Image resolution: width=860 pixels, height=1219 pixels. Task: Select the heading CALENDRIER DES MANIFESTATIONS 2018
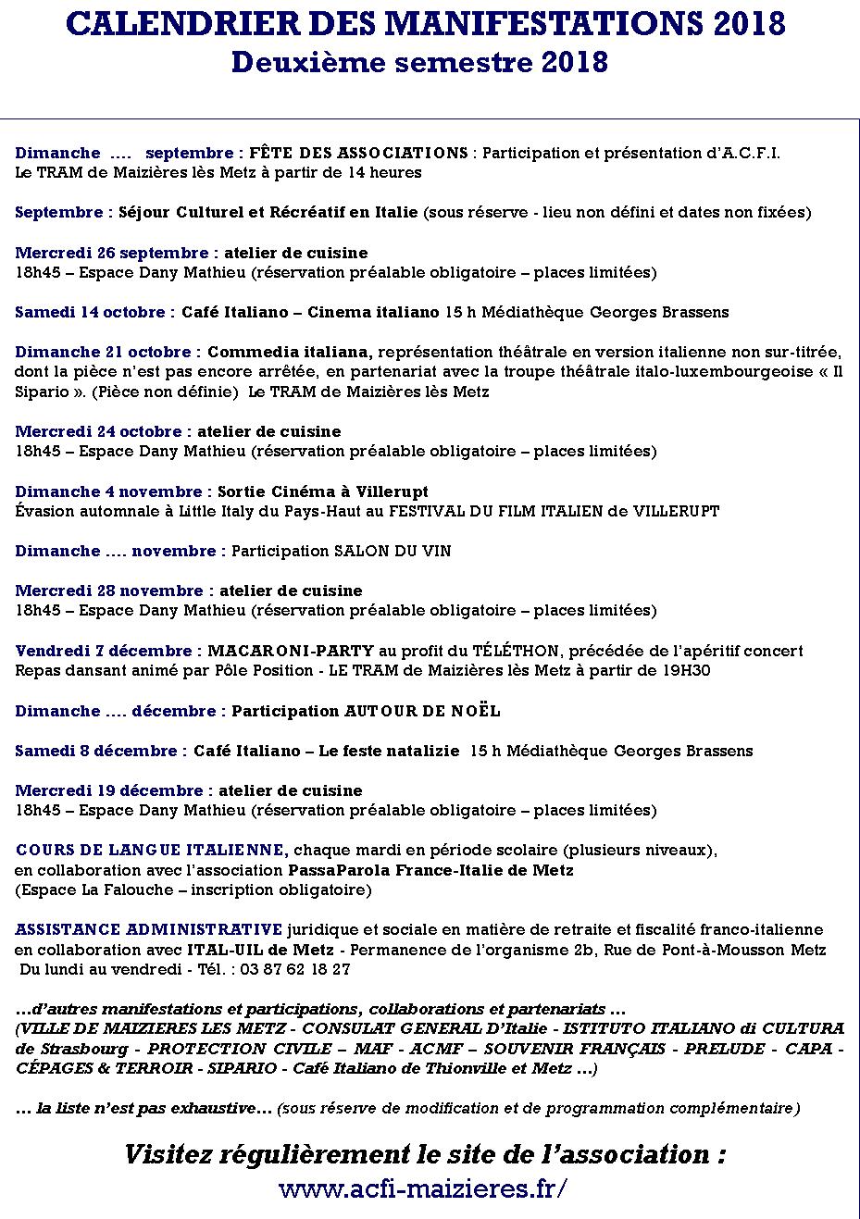tap(427, 25)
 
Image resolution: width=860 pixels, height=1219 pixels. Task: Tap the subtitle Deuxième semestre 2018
tap(419, 62)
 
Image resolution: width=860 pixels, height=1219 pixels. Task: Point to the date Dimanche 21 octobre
tap(103, 352)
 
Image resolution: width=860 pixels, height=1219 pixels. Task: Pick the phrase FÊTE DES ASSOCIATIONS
tap(359, 153)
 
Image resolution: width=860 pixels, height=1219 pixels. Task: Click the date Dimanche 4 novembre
tap(108, 491)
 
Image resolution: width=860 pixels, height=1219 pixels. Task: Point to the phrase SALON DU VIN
tap(393, 551)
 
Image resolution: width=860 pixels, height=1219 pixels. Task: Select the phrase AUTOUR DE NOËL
tap(422, 711)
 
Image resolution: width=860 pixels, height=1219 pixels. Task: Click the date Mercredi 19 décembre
tap(108, 790)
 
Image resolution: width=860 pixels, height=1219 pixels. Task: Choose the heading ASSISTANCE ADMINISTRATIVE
tap(149, 929)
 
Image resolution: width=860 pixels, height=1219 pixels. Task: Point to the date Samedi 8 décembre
tap(98, 751)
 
